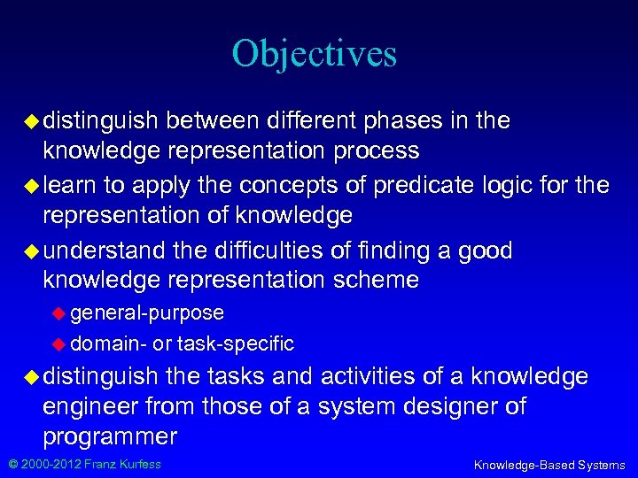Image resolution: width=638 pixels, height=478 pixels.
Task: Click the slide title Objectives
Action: tap(315, 53)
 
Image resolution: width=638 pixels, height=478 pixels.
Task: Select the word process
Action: tap(377, 150)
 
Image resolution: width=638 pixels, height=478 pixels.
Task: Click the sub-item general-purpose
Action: tap(147, 312)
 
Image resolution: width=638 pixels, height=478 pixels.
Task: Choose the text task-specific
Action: tap(236, 343)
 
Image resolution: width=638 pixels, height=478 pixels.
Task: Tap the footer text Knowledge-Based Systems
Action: tap(549, 465)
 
